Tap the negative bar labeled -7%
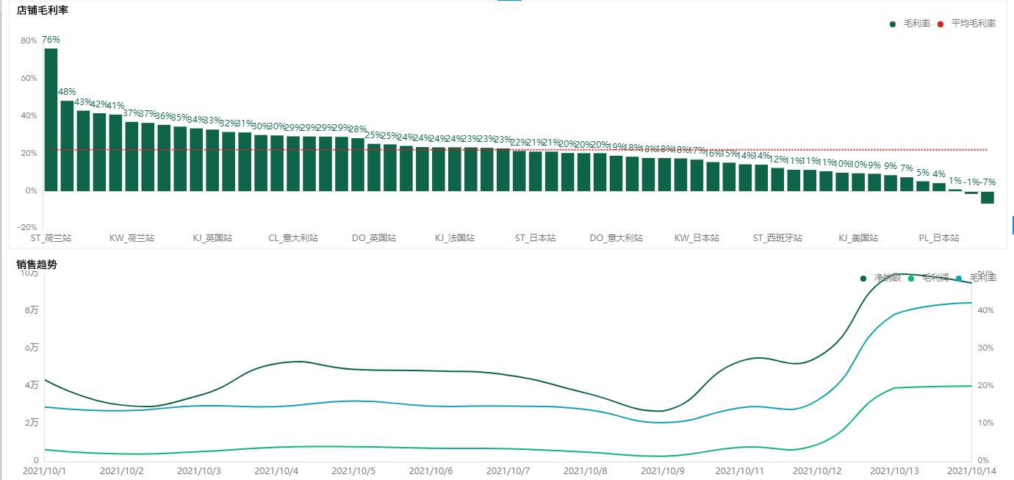click(988, 197)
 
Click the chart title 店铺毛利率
click(43, 10)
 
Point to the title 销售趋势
click(37, 265)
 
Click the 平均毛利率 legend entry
click(973, 24)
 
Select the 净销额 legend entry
click(887, 278)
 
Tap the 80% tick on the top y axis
click(28, 41)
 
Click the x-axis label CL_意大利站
click(293, 238)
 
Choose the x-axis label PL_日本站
click(939, 238)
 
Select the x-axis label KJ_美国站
click(858, 238)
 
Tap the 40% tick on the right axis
click(985, 311)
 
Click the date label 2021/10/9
click(662, 470)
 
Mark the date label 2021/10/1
click(45, 470)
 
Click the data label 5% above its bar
click(923, 173)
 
